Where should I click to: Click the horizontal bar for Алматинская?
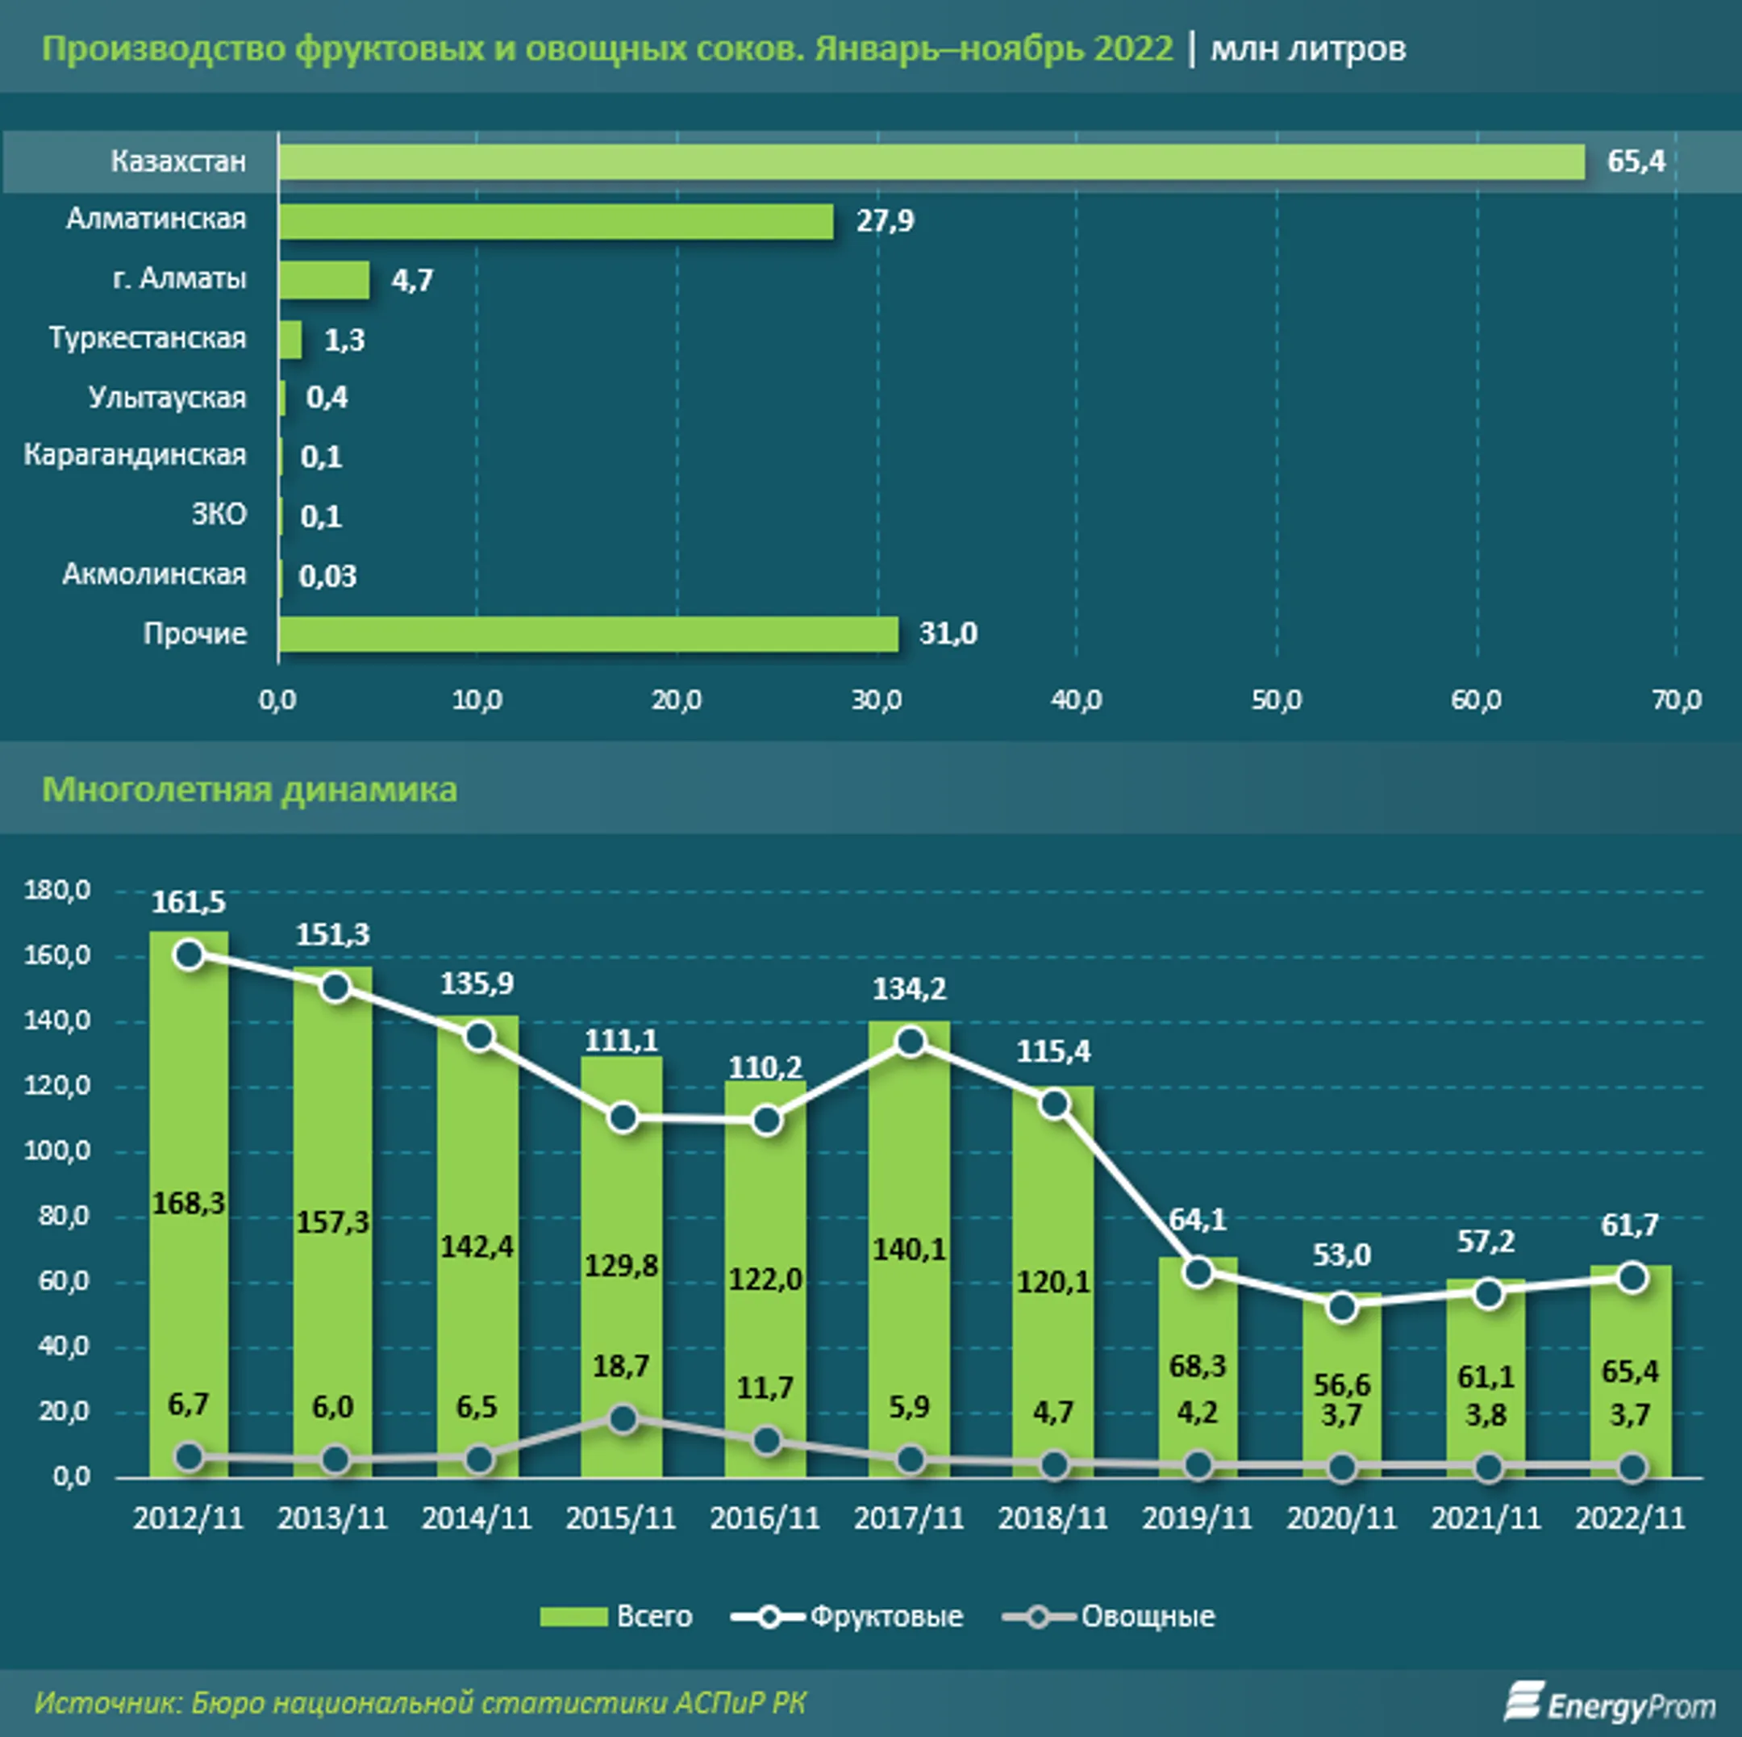[x=556, y=221]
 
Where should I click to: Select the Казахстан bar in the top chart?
[x=931, y=161]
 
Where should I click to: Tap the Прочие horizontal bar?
[x=589, y=634]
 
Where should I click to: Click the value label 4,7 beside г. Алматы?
[x=412, y=281]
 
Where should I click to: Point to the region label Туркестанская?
[x=148, y=338]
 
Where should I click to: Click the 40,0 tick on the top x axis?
[x=1077, y=699]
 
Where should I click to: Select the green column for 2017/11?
[x=910, y=1249]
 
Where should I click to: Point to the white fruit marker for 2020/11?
[x=1343, y=1307]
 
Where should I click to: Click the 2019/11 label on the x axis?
[x=1198, y=1518]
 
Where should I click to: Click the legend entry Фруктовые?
[x=848, y=1616]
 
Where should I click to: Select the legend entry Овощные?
[x=1109, y=1616]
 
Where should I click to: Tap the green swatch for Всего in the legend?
[x=573, y=1617]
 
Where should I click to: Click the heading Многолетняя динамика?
[x=250, y=790]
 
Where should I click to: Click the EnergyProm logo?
[x=1611, y=1703]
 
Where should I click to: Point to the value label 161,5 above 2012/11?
[x=189, y=902]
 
